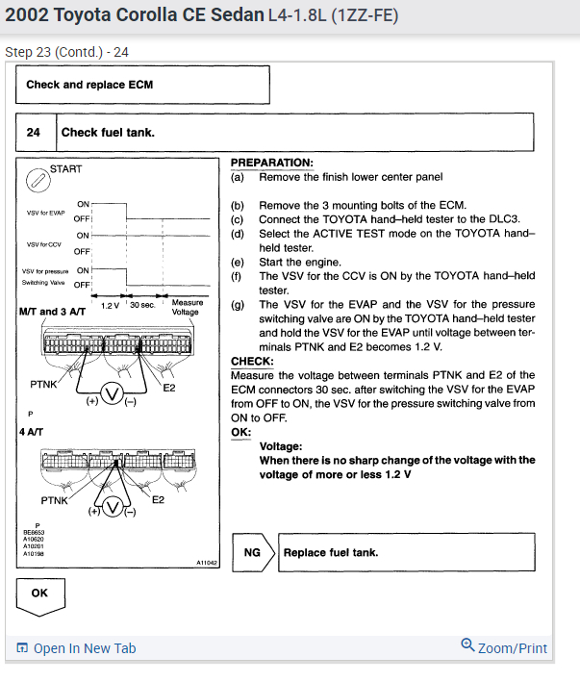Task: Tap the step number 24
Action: pos(34,132)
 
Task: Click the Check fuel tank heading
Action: pos(108,132)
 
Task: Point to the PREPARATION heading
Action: pos(271,164)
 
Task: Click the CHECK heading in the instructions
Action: pos(252,362)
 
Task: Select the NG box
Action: pos(253,553)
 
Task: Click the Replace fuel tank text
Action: pos(330,553)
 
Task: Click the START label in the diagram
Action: pos(66,169)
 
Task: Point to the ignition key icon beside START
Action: pos(36,179)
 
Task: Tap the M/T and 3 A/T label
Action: pos(52,313)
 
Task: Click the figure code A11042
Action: pos(207,562)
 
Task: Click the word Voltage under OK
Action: pos(281,446)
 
